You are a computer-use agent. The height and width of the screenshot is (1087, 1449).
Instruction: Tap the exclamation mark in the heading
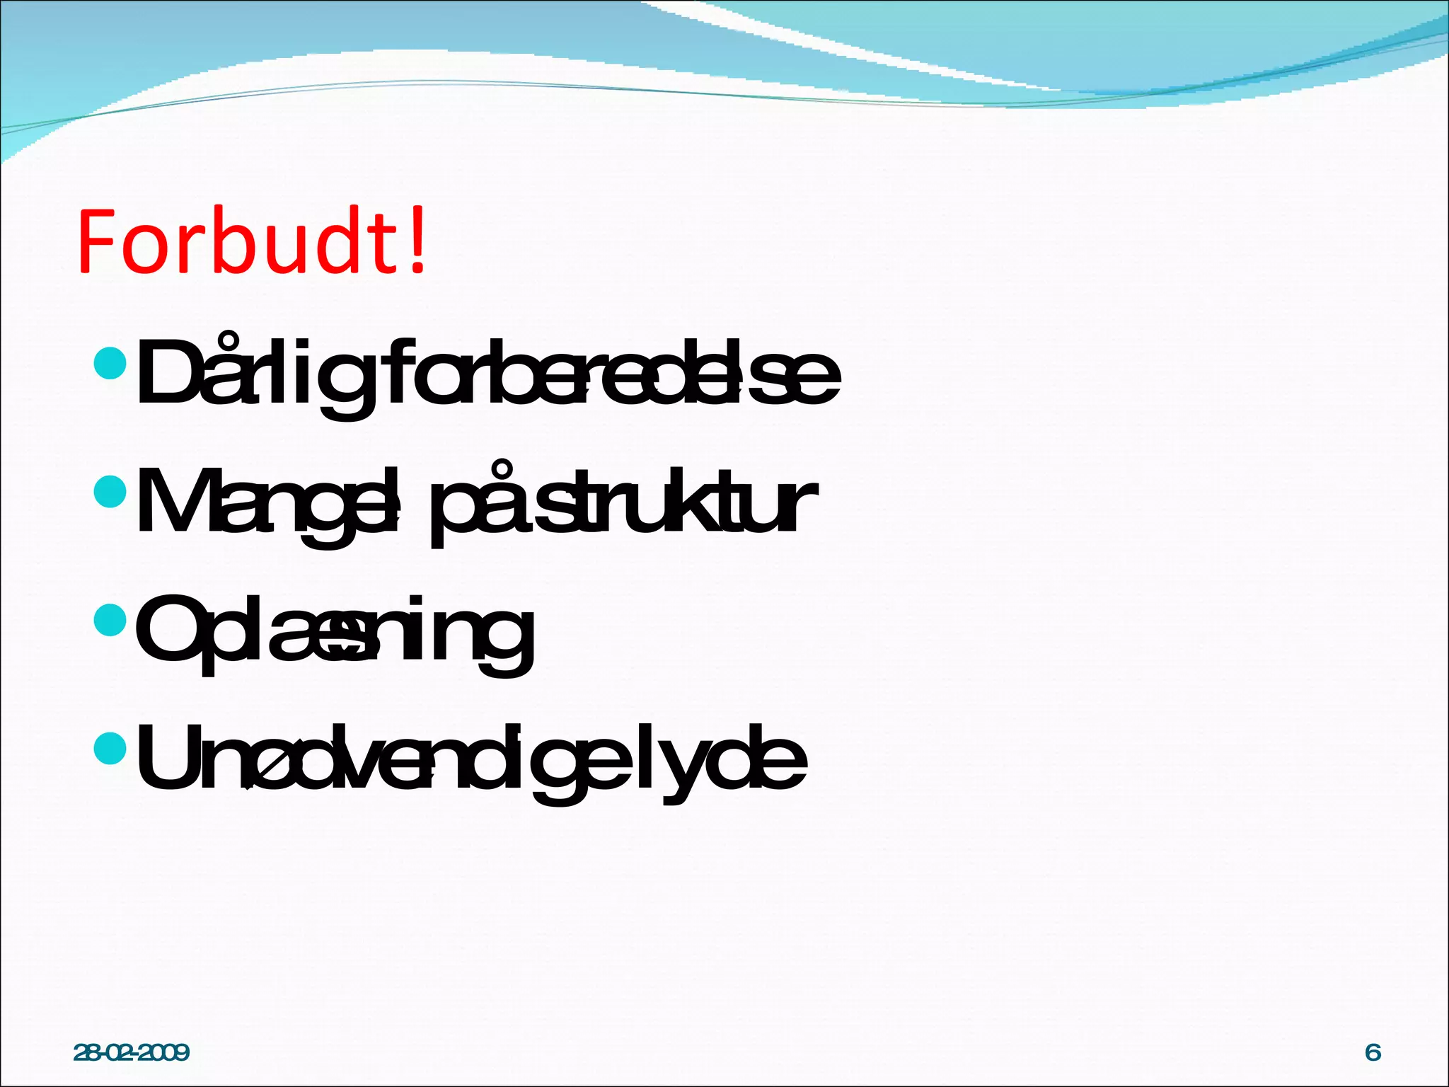point(418,241)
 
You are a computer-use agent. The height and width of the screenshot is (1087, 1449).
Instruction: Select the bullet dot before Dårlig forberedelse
point(110,364)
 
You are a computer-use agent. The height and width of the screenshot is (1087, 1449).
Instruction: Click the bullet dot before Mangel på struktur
point(110,490)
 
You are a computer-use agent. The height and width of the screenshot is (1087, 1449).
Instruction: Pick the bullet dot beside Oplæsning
point(110,619)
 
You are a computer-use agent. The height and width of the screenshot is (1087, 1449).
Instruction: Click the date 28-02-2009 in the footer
point(132,1052)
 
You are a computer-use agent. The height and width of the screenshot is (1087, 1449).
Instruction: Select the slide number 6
point(1373,1052)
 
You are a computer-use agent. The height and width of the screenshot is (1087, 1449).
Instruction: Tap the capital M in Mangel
point(173,500)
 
